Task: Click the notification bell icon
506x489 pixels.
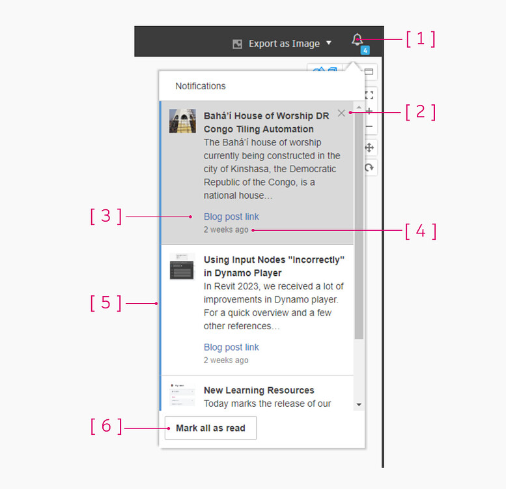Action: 357,40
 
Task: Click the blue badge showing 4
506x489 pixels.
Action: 365,50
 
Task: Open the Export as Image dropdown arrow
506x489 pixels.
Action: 329,43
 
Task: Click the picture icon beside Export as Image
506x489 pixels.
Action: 238,44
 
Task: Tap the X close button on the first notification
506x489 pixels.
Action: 342,113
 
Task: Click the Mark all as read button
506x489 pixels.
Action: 210,428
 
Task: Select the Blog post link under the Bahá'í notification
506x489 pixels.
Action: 231,216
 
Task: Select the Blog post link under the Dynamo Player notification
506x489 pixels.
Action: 231,347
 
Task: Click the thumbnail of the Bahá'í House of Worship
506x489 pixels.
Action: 182,121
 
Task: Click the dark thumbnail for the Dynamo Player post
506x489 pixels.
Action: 182,267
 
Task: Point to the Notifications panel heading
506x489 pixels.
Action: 201,86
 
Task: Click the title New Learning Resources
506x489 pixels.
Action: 259,390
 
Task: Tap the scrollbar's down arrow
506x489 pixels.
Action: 359,405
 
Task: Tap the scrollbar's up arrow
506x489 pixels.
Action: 359,106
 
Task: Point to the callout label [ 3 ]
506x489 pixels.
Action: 105,216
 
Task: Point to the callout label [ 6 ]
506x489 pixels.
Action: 105,426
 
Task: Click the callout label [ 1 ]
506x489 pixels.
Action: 420,38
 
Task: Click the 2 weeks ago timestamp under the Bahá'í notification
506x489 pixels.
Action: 226,230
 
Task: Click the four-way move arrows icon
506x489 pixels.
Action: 369,147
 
